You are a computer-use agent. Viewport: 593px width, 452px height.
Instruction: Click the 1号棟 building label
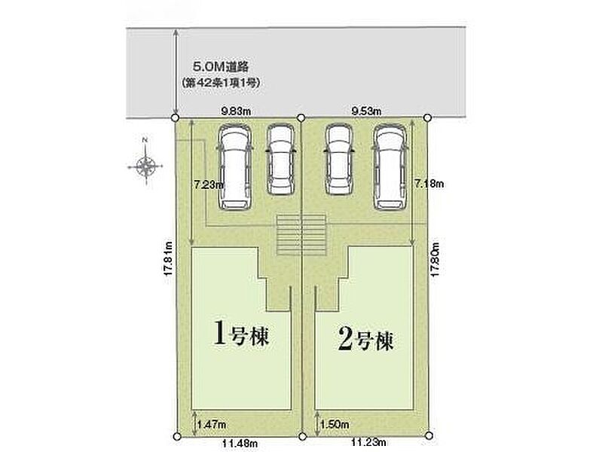(x=241, y=332)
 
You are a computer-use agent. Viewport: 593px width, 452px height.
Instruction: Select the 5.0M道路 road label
(x=221, y=67)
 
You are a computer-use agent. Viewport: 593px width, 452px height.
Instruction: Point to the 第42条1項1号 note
(x=221, y=83)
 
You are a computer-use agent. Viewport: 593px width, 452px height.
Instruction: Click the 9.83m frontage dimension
(x=236, y=111)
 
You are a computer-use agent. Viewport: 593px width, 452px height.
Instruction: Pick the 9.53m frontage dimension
(x=366, y=111)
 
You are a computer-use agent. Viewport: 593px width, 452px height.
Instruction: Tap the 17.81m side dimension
(x=169, y=258)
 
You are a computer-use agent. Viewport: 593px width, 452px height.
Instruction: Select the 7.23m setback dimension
(x=209, y=185)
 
